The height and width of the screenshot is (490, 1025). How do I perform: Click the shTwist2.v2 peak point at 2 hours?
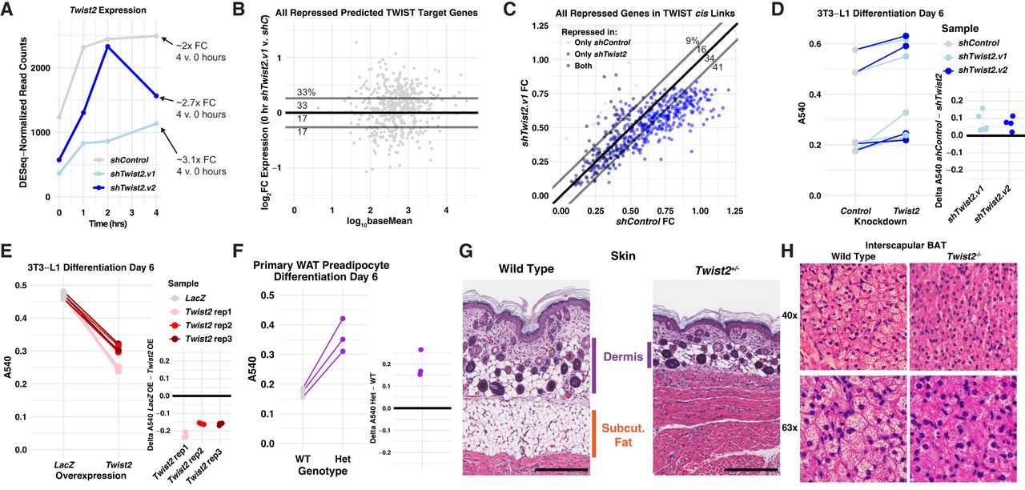click(107, 46)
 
